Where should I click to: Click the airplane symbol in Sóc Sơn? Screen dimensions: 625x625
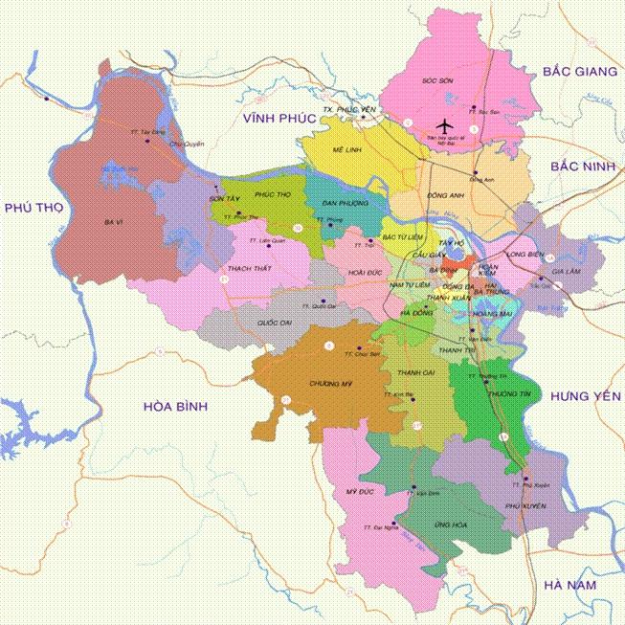click(443, 123)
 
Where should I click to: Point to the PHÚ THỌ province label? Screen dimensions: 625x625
click(33, 208)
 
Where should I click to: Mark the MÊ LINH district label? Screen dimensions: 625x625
click(345, 150)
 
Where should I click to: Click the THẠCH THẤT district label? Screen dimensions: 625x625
click(246, 268)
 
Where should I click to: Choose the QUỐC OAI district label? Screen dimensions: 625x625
click(274, 323)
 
